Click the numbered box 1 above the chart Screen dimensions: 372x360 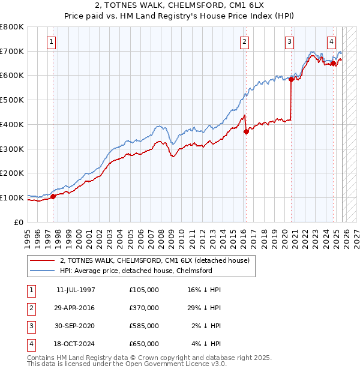click(x=52, y=42)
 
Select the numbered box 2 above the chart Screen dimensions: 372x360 click(x=245, y=42)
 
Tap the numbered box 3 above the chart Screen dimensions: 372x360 click(x=289, y=42)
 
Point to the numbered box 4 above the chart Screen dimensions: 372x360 click(x=331, y=42)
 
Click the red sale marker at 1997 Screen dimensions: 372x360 click(x=53, y=196)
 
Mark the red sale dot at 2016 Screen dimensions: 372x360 click(x=246, y=131)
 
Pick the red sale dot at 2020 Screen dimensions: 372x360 click(x=291, y=79)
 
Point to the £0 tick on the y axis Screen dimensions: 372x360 click(x=19, y=222)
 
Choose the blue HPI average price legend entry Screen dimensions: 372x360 click(x=136, y=271)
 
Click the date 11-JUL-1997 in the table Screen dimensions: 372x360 click(x=76, y=290)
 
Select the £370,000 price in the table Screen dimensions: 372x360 click(x=144, y=308)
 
